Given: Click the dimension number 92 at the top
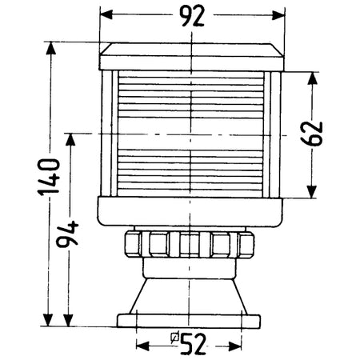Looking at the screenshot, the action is [x=191, y=16].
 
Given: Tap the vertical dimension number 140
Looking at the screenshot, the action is [x=49, y=177].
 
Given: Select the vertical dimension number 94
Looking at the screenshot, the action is [x=67, y=234].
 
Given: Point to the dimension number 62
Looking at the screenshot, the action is [x=311, y=134].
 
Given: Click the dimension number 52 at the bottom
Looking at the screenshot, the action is [x=193, y=344].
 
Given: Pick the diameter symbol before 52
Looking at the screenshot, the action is [x=175, y=338].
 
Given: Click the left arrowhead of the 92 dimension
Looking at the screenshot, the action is [x=106, y=14].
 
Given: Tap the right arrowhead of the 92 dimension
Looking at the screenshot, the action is [x=278, y=15].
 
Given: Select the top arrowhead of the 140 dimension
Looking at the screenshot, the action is [x=50, y=48].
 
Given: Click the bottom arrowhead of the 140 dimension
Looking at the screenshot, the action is [x=48, y=320].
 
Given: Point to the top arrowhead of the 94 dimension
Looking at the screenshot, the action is [x=70, y=139].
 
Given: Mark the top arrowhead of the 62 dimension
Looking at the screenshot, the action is [x=313, y=78].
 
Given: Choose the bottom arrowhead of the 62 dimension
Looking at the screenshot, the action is [x=311, y=192].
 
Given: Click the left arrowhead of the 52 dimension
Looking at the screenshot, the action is [x=142, y=346].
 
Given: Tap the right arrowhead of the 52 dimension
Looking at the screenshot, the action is [x=235, y=346].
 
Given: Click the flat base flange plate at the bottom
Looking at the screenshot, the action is [x=189, y=321].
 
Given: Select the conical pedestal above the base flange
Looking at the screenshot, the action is [x=189, y=296].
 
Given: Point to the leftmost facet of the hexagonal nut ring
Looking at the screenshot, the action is [x=133, y=244].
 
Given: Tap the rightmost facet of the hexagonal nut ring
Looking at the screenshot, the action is [x=246, y=245].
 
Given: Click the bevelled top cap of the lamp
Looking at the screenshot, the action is [x=191, y=50].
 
